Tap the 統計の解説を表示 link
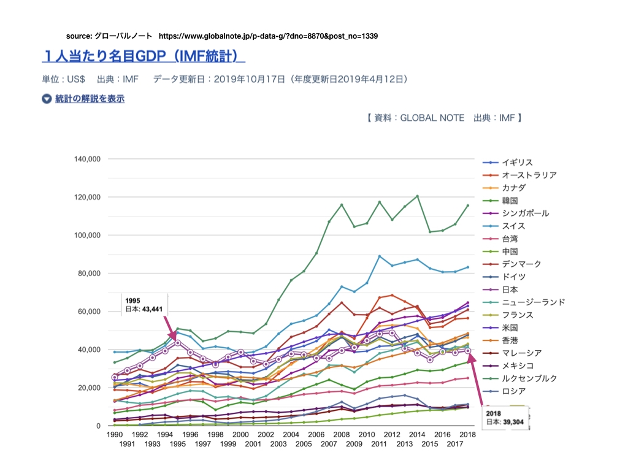tap(90, 98)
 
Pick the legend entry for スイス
tap(513, 226)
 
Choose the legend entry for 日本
tap(510, 289)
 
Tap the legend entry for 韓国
tap(510, 200)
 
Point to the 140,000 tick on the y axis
tap(86, 159)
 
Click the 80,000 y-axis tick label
tap(88, 274)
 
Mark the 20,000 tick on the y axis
tap(88, 388)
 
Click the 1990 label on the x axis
tap(114, 434)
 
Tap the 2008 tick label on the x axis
tap(342, 434)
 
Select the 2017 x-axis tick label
tap(456, 443)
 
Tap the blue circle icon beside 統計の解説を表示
tap(47, 99)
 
